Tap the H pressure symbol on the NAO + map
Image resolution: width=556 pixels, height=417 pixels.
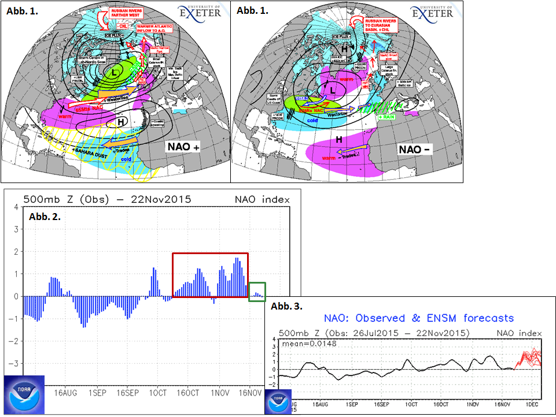(x=122, y=122)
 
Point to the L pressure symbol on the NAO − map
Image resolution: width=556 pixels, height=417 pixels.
(x=333, y=90)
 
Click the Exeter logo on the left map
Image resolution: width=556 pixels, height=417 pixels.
(x=200, y=12)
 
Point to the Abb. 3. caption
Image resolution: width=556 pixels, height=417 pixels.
(x=286, y=304)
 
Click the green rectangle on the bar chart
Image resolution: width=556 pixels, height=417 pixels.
(x=257, y=291)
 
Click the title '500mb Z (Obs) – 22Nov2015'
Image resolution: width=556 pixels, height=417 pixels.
(x=107, y=200)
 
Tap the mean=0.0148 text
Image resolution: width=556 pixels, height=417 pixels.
(x=308, y=344)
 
